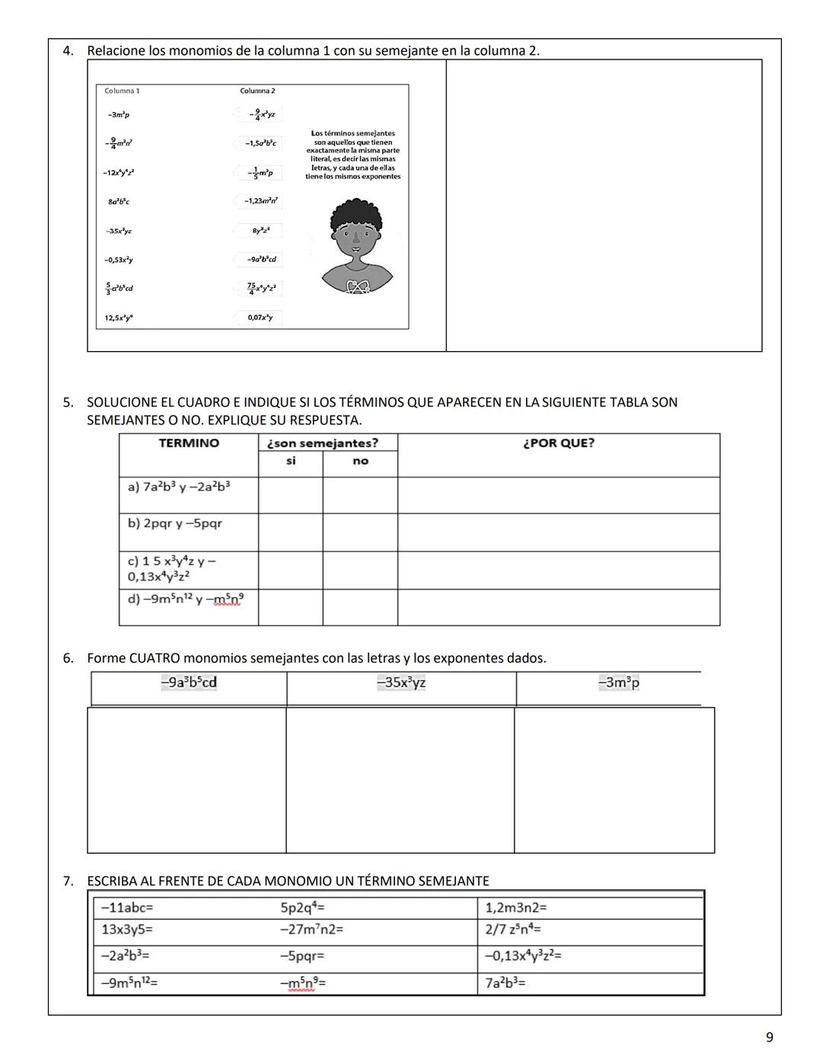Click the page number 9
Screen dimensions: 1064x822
(x=769, y=1037)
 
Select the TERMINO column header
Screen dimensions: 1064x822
(x=188, y=443)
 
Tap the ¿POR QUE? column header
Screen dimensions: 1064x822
(x=559, y=443)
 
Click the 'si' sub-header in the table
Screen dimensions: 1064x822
(x=291, y=461)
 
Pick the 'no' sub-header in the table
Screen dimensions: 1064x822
(x=360, y=461)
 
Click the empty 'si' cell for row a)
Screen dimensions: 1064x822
(x=291, y=495)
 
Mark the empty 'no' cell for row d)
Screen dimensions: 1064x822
(x=360, y=607)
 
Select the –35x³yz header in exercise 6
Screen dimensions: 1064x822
(x=401, y=682)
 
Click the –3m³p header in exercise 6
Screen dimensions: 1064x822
(x=619, y=682)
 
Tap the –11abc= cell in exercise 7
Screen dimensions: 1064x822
(x=128, y=908)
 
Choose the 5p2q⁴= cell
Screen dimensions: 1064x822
(x=303, y=908)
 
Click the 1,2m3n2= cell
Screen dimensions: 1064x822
(x=516, y=908)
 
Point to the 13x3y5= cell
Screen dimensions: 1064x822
(x=128, y=929)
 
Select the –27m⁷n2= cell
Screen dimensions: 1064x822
(x=312, y=929)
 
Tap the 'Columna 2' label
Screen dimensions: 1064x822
(x=257, y=91)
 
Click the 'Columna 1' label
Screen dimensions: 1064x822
(x=122, y=91)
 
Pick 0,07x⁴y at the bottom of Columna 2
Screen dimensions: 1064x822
(x=260, y=317)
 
